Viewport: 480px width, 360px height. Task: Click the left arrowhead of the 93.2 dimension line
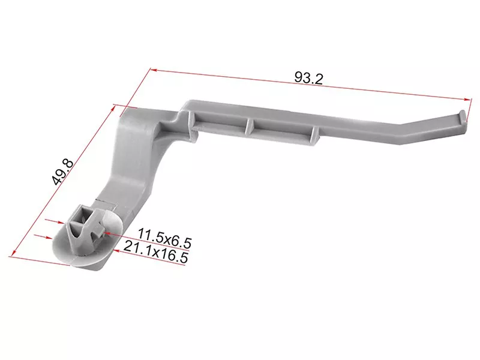click(154, 70)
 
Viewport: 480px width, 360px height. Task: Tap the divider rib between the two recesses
click(250, 125)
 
